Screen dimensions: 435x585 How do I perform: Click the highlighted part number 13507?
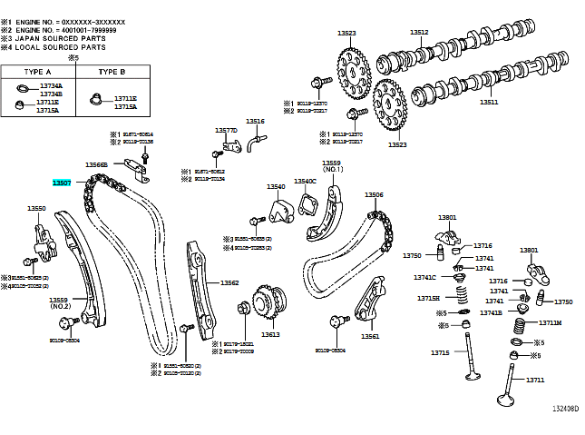coord(62,183)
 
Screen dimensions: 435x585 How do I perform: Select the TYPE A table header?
coord(36,71)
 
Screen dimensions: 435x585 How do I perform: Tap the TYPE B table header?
coord(112,71)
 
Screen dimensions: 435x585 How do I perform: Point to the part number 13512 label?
coord(419,32)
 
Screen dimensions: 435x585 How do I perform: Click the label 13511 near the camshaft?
coord(489,103)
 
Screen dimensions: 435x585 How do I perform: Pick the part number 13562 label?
coord(229,282)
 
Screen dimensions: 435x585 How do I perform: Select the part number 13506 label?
coord(374,194)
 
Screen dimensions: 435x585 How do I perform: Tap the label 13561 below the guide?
coord(369,336)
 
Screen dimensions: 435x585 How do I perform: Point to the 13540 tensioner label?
coord(276,186)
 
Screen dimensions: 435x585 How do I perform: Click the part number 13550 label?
coord(36,208)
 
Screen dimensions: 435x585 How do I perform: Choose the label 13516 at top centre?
coord(255,121)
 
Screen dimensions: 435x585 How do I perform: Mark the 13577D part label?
coord(226,130)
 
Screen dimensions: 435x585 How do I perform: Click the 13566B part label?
coord(97,164)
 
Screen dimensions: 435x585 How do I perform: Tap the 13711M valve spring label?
coord(550,322)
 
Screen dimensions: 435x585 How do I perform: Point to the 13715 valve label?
coord(440,352)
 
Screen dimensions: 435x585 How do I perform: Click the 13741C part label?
coord(425,277)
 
